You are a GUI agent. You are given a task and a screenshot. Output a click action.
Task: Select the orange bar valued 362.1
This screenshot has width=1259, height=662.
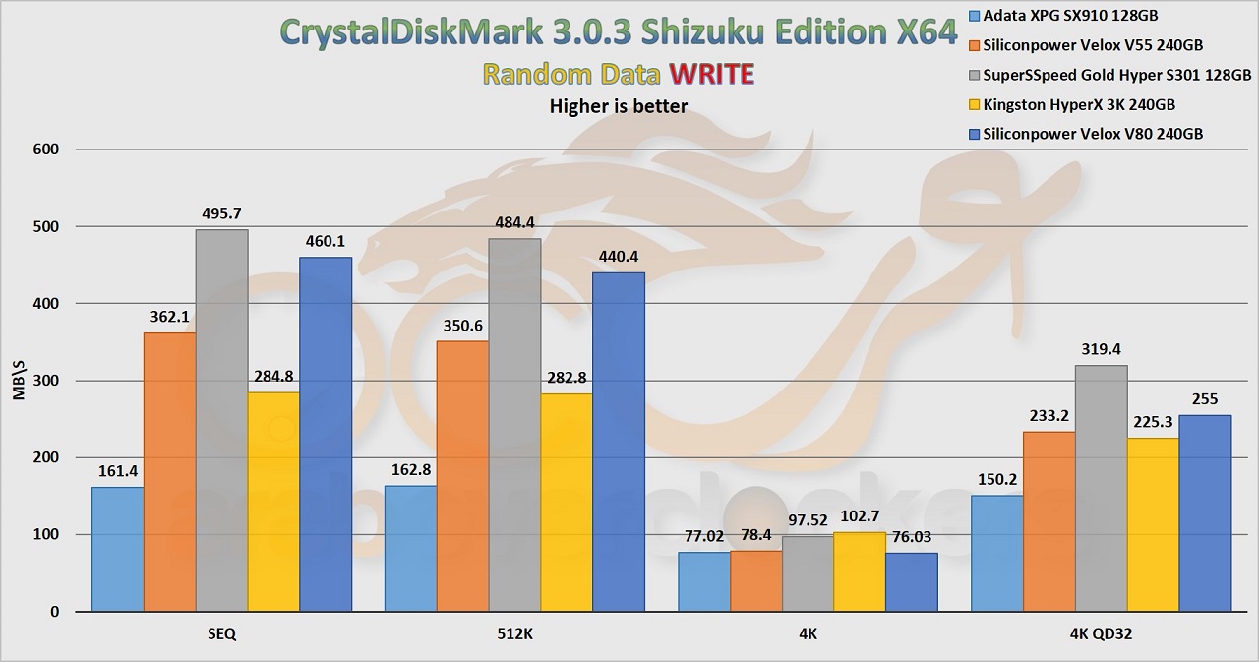pyautogui.click(x=169, y=472)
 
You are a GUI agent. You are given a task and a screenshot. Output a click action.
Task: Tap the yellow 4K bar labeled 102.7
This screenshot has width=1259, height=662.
pyautogui.click(x=859, y=572)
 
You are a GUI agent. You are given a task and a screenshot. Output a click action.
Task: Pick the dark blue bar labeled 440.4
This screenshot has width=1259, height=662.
pyautogui.click(x=619, y=442)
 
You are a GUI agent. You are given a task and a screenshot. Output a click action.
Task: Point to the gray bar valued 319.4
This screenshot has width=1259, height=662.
pyautogui.click(x=1101, y=488)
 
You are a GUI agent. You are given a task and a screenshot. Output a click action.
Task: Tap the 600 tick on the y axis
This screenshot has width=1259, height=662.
pyautogui.click(x=46, y=150)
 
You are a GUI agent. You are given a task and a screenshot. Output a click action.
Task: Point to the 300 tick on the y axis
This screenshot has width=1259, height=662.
pyautogui.click(x=46, y=381)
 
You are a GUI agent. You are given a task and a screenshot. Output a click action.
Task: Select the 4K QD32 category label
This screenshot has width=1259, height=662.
pyautogui.click(x=1101, y=635)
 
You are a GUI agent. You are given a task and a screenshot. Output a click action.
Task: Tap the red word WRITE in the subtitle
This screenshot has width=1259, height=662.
pyautogui.click(x=710, y=74)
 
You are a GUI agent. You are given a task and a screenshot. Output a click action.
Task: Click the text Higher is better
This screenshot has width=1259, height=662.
pyautogui.click(x=618, y=105)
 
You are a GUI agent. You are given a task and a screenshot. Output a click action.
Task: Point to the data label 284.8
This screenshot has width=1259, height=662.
pyautogui.click(x=274, y=376)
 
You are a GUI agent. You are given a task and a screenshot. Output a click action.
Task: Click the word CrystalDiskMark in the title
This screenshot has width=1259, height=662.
pyautogui.click(x=407, y=31)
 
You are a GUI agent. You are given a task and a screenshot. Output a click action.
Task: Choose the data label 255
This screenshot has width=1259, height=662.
pyautogui.click(x=1206, y=399)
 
